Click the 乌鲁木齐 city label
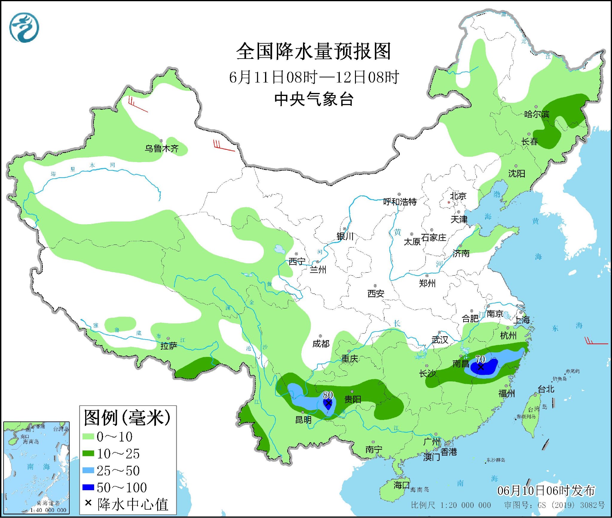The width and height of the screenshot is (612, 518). (161, 148)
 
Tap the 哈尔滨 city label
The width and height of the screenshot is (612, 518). (537, 114)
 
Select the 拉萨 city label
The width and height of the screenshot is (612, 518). (169, 346)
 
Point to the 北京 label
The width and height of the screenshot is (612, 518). (458, 196)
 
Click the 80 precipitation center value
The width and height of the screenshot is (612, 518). (328, 395)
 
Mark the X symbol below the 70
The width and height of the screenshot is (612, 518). (481, 367)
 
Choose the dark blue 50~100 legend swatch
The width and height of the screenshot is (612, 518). (88, 487)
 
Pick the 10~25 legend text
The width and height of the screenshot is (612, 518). (118, 454)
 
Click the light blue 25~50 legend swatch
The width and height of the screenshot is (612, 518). (88, 470)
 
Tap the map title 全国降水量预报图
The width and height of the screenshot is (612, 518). (313, 51)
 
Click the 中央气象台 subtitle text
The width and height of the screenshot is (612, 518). (314, 99)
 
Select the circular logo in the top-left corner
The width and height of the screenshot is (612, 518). (24, 27)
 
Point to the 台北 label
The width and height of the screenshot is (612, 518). (546, 389)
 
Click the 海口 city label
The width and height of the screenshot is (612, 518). (401, 485)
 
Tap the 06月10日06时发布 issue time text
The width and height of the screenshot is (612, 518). (546, 491)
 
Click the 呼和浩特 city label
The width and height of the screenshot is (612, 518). (400, 202)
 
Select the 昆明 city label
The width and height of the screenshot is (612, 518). (303, 420)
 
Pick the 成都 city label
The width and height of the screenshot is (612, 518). (321, 344)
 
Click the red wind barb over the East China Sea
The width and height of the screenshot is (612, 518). (596, 342)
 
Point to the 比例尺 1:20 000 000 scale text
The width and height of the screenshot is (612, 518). (451, 505)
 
